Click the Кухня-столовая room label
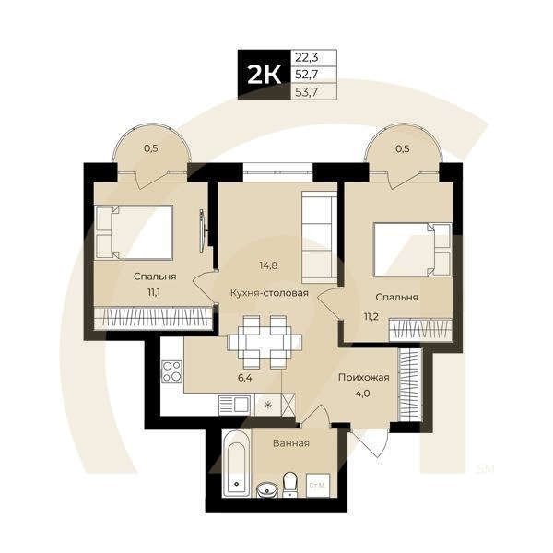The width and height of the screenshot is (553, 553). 269,294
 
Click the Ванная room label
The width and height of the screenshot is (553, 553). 290,443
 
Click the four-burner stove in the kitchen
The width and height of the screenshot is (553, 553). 172,372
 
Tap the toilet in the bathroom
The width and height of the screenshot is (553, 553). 289,482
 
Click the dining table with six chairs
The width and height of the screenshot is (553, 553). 265,341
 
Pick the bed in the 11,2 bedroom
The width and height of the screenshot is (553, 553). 412,250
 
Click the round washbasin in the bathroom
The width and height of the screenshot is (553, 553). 267,488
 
